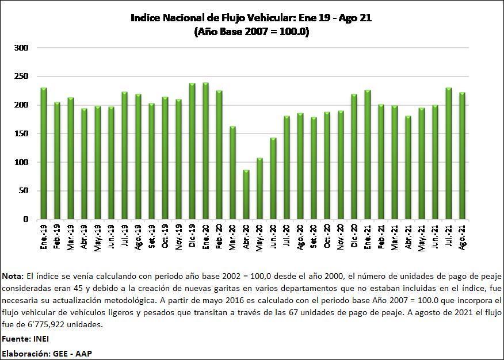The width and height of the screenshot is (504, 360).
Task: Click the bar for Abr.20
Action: click(246, 195)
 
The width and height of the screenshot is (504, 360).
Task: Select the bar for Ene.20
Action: click(205, 151)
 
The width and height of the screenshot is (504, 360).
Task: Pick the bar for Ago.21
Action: click(462, 156)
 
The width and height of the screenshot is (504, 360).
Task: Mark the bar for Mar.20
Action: click(232, 173)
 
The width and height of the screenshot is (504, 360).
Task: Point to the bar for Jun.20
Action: click(273, 179)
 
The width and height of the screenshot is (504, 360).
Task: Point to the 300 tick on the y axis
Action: click(21, 48)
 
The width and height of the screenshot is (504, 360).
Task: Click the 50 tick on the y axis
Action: click(23, 191)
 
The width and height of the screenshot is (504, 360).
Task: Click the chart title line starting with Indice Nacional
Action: click(251, 18)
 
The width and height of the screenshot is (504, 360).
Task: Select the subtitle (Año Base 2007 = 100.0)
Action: click(251, 32)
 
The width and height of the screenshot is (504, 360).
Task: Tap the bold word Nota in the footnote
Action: click(13, 277)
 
